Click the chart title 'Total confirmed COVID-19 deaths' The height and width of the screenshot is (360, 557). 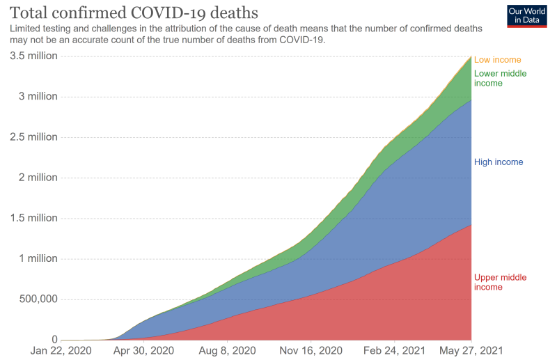coord(131,12)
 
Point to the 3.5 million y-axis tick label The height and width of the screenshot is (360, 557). coord(33,56)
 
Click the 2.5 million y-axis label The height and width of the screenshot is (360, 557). coord(33,137)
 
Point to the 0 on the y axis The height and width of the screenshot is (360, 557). coord(53,340)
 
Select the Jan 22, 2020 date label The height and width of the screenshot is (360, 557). coord(61,351)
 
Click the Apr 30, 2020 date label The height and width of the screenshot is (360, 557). coord(144,351)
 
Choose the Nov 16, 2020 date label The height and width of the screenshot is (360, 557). coord(311,351)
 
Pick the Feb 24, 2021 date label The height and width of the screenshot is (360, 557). coord(394,351)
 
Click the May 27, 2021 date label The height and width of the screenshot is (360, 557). coord(471,351)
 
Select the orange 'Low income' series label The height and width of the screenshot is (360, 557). coord(497,60)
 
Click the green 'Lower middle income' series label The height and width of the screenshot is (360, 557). coord(500,79)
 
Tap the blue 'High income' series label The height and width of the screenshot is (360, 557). coord(498,162)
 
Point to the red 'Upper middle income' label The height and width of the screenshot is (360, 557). coord(500,282)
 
